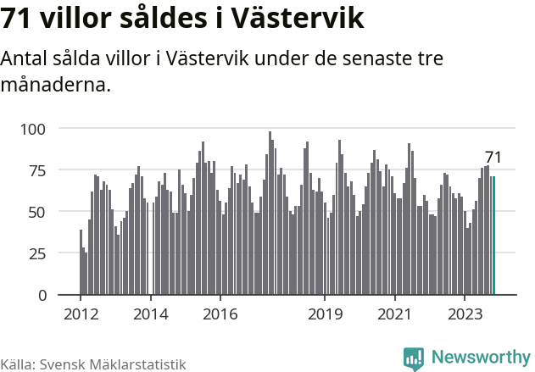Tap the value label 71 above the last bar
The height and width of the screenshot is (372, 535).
pyautogui.click(x=493, y=158)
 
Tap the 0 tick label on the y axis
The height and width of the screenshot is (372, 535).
pyautogui.click(x=41, y=295)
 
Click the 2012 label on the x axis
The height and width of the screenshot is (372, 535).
pyautogui.click(x=81, y=314)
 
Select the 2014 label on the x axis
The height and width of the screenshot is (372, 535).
pyautogui.click(x=150, y=314)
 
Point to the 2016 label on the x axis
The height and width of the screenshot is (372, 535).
pyautogui.click(x=220, y=314)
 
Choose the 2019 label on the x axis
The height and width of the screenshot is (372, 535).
pyautogui.click(x=324, y=314)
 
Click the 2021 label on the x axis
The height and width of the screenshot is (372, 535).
pyautogui.click(x=394, y=314)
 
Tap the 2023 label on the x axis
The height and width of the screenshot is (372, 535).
pyautogui.click(x=464, y=314)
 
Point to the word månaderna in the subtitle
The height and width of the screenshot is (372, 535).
pyautogui.click(x=56, y=86)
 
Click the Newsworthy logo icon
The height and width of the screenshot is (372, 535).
pyautogui.click(x=414, y=358)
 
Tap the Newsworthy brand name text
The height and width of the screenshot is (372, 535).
pyautogui.click(x=480, y=358)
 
